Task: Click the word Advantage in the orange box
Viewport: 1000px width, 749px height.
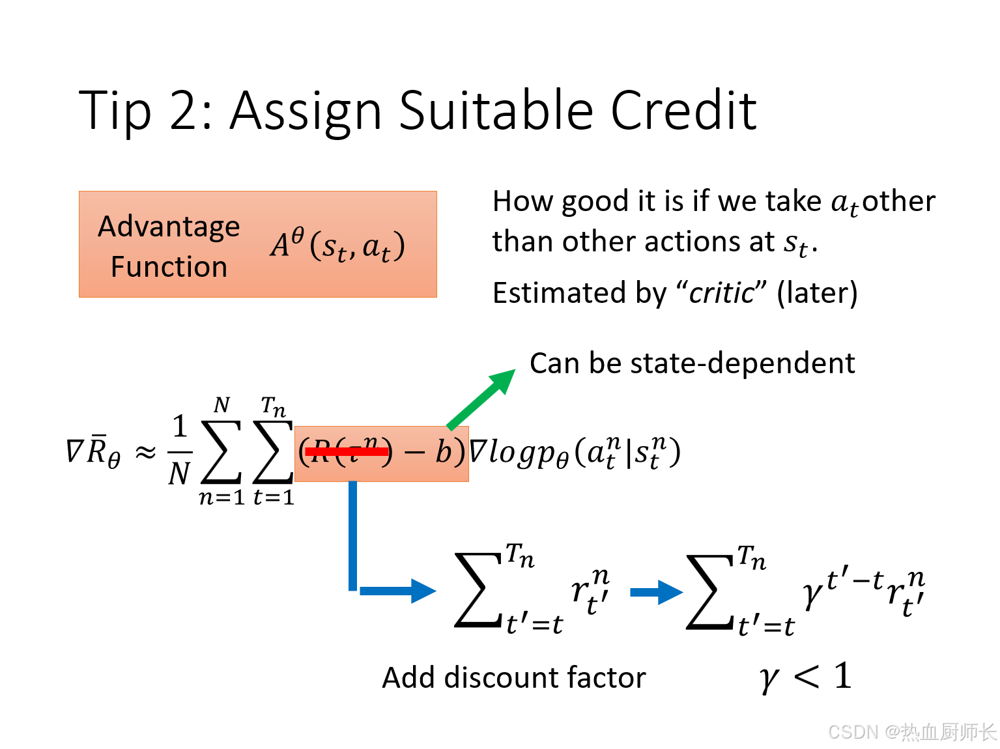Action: tap(169, 227)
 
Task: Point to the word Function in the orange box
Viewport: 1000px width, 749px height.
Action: tap(169, 267)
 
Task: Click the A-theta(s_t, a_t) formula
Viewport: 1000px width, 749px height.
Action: tap(337, 246)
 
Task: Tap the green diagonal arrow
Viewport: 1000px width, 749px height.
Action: tap(481, 399)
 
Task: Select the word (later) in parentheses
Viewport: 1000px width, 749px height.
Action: tap(817, 293)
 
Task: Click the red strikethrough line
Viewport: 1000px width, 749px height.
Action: tap(346, 451)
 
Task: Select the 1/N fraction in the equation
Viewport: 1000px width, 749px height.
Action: tap(180, 451)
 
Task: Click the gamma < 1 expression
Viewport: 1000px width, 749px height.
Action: tap(805, 677)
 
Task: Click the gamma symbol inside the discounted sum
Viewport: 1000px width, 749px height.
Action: tap(812, 593)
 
